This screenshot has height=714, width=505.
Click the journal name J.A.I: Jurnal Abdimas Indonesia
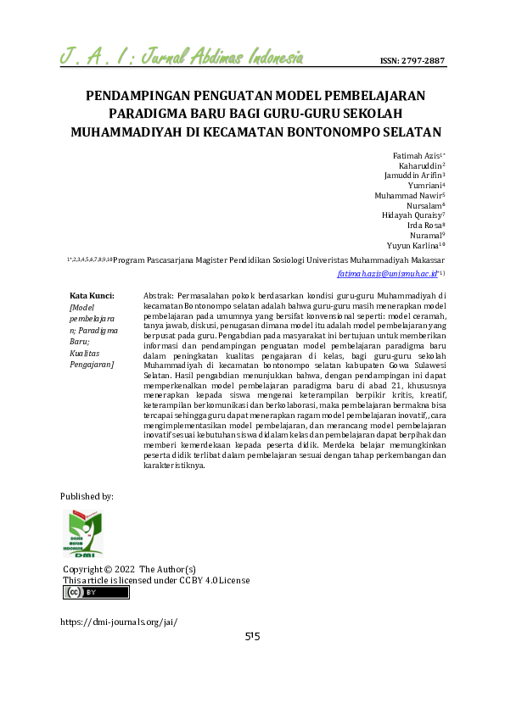[182, 59]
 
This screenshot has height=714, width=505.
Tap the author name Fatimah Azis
[417, 156]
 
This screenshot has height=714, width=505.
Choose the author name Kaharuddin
[420, 166]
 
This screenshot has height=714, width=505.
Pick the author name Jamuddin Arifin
[414, 176]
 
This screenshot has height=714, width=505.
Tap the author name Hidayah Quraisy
[412, 215]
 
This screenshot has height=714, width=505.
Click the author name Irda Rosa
[424, 226]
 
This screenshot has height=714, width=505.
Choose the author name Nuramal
[425, 235]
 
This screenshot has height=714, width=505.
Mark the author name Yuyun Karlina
[415, 245]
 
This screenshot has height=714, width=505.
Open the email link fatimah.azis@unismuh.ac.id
[387, 274]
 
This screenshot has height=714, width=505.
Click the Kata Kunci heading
[92, 295]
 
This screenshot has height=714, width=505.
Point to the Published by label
[87, 495]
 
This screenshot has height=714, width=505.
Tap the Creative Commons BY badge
[96, 593]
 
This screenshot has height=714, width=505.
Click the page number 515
[252, 637]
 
